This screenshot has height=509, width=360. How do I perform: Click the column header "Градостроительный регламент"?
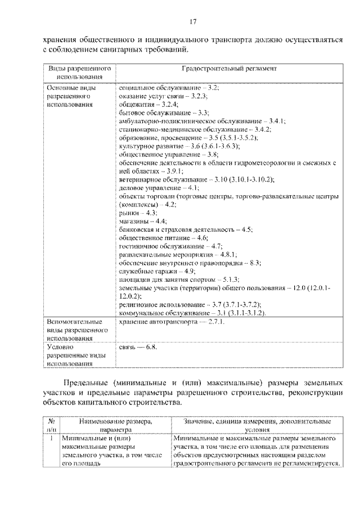[x=228, y=69]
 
